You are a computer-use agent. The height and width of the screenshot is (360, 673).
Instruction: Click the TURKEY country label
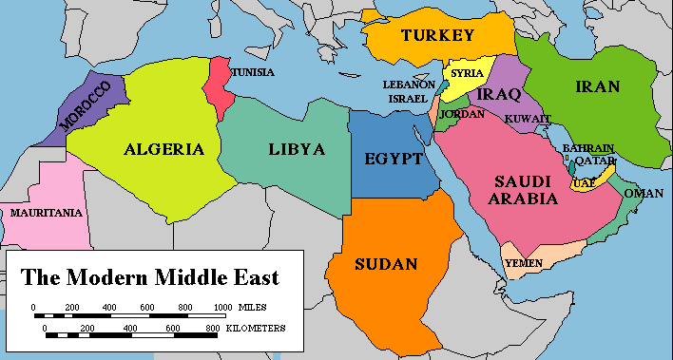(436, 36)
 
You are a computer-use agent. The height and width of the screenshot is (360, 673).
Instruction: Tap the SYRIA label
(467, 73)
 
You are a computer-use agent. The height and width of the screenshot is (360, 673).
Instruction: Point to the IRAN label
(597, 87)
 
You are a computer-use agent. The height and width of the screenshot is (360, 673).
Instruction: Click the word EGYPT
(393, 159)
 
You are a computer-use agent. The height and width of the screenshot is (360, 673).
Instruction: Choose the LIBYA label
(296, 149)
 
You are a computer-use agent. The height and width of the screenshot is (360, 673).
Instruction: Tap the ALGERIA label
(163, 149)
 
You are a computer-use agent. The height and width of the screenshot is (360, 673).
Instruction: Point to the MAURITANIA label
(46, 213)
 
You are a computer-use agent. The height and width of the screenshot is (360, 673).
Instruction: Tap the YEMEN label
(524, 261)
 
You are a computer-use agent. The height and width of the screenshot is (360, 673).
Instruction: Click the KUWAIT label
(528, 119)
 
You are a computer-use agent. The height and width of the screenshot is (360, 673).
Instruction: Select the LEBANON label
(408, 84)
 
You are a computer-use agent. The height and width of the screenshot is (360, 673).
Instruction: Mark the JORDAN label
(462, 114)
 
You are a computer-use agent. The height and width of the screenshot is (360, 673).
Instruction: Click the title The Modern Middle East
(150, 278)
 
